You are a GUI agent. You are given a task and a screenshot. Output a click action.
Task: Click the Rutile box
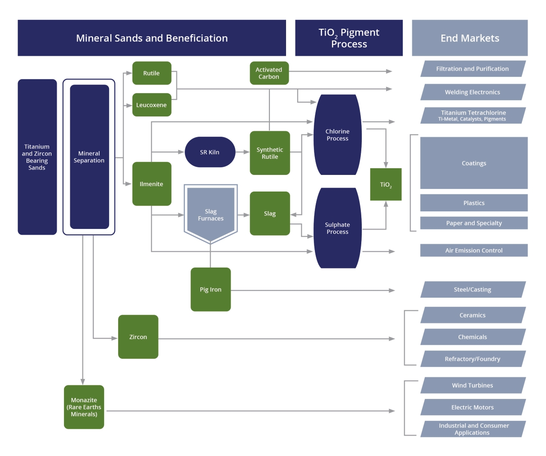152,73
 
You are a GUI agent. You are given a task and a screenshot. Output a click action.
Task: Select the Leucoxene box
152,105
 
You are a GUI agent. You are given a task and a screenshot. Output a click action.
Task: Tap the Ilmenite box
152,184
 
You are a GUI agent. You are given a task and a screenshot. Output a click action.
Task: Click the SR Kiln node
210,152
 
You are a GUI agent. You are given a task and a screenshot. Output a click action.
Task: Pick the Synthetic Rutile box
270,153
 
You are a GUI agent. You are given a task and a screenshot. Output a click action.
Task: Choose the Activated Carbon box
269,73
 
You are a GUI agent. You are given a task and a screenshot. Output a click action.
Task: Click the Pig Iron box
211,290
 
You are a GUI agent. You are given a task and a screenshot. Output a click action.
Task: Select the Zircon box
138,337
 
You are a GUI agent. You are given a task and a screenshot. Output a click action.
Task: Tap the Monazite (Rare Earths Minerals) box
84,407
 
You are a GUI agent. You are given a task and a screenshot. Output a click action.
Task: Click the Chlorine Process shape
337,135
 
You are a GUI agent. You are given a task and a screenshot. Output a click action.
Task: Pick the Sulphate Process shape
337,228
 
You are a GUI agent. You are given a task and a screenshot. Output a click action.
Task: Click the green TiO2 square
386,184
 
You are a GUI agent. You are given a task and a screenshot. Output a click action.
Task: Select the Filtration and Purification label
473,69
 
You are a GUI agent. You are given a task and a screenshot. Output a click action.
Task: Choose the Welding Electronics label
473,92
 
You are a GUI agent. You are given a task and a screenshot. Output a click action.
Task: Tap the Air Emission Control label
474,250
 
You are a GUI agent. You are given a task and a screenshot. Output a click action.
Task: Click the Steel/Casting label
473,290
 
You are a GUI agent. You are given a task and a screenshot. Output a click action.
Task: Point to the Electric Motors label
473,407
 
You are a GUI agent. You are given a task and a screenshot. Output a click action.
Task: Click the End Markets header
470,38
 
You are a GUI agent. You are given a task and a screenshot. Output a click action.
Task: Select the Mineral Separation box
89,157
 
